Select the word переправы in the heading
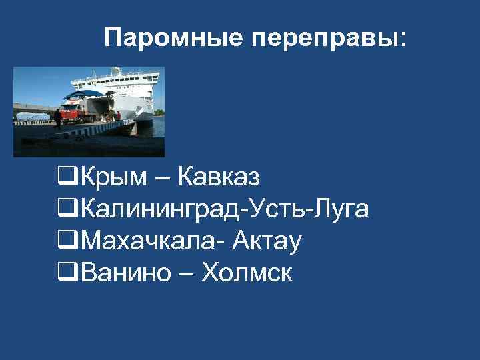click(325, 39)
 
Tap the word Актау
click(267, 241)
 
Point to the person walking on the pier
click(58, 118)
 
